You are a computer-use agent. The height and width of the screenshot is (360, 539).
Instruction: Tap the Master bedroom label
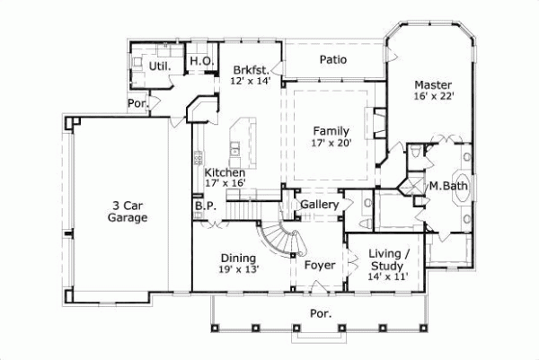[x=431, y=84]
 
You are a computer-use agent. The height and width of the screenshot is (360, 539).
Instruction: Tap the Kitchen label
[x=225, y=172]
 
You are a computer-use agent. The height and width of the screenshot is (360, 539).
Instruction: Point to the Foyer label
[x=320, y=266]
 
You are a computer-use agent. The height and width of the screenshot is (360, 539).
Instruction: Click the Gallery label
[x=319, y=206]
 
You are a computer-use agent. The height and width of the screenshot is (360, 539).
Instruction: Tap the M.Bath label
[x=446, y=186]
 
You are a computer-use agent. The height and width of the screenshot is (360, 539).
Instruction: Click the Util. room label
[x=159, y=66]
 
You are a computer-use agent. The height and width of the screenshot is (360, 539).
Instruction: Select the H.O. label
[x=199, y=60]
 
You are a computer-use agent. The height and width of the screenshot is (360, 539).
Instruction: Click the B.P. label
[x=204, y=205]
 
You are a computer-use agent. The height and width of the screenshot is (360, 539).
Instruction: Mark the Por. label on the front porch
[x=321, y=314]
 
